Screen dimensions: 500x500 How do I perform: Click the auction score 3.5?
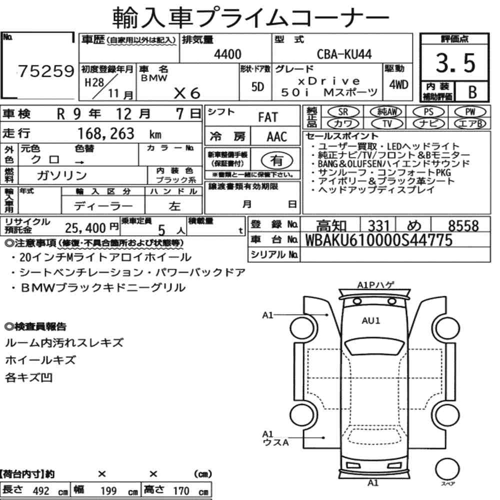[455, 63]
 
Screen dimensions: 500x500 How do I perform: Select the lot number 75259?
[46, 71]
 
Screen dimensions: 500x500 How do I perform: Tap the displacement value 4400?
[227, 54]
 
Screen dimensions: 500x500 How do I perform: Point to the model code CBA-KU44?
[344, 54]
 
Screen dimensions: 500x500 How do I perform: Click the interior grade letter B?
[472, 92]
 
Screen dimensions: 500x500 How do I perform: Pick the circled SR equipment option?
[343, 112]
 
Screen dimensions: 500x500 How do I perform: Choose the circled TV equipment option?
[387, 123]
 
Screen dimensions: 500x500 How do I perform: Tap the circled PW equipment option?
[470, 112]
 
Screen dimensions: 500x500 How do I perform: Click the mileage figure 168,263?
[106, 133]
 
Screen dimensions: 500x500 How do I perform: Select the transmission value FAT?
[268, 117]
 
